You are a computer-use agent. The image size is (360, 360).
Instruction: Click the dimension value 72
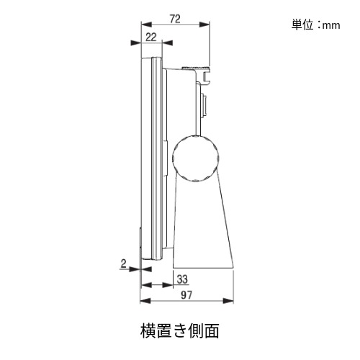[175, 19]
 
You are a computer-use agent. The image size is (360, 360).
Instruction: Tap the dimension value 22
[151, 37]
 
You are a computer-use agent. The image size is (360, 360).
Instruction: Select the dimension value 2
[123, 264]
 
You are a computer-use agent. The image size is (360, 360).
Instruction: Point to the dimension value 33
[182, 279]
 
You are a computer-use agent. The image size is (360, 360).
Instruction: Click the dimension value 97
[186, 295]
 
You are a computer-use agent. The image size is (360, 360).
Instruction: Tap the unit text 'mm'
[331, 25]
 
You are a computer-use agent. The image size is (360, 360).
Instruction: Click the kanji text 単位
[302, 24]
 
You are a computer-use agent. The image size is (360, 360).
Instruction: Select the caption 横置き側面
[180, 331]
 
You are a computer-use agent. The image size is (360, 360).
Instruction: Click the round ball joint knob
[196, 158]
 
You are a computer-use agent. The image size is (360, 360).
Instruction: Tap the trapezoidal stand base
[202, 228]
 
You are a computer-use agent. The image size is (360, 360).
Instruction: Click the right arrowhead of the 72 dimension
[204, 24]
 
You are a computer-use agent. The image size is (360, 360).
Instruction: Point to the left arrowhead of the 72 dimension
[146, 24]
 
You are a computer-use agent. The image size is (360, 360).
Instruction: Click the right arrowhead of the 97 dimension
[228, 301]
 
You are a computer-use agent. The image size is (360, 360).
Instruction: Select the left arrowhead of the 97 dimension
[145, 301]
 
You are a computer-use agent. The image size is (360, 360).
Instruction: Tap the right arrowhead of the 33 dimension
[168, 285]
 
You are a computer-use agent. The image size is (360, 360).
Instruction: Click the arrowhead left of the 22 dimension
[135, 43]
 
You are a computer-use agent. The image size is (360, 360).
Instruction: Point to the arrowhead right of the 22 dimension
[168, 43]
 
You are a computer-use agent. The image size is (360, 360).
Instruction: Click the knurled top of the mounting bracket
[196, 68]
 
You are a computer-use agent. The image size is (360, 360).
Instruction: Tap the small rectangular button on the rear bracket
[204, 105]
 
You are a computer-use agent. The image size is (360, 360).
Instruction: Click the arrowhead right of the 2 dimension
[146, 269]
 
